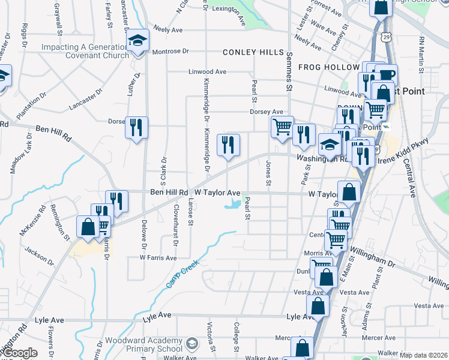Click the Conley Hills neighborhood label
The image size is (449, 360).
(253, 53)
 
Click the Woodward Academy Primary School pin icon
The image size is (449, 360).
(191, 344)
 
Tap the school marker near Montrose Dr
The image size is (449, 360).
(138, 41)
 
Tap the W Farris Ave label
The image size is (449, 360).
(158, 257)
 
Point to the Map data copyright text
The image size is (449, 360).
(423, 355)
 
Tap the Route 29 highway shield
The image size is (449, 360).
(388, 37)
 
